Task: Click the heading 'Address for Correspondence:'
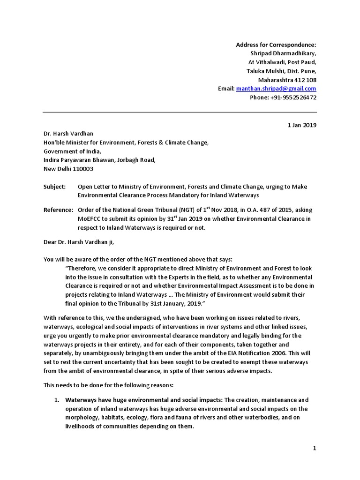click(x=276, y=45)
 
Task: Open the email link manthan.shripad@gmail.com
click(x=276, y=89)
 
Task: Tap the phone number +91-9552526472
click(x=290, y=97)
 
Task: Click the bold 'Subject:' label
click(x=55, y=186)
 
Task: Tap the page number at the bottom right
click(x=315, y=449)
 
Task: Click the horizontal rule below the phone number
click(x=180, y=112)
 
